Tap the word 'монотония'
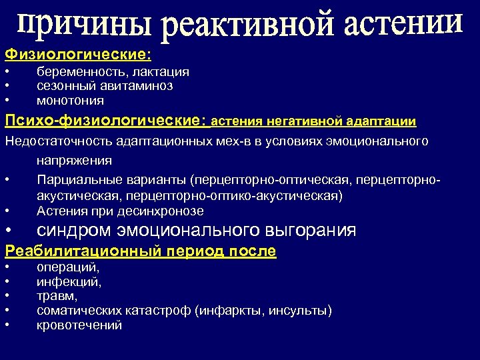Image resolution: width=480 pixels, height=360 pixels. tap(70, 101)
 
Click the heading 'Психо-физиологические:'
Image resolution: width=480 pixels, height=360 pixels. tap(107, 121)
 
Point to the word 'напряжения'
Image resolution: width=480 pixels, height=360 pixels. tap(74, 161)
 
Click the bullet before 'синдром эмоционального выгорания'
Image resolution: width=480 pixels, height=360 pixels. tap(7, 231)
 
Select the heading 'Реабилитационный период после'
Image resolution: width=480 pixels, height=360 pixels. tap(141, 251)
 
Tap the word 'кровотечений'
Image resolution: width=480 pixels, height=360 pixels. tap(79, 325)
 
